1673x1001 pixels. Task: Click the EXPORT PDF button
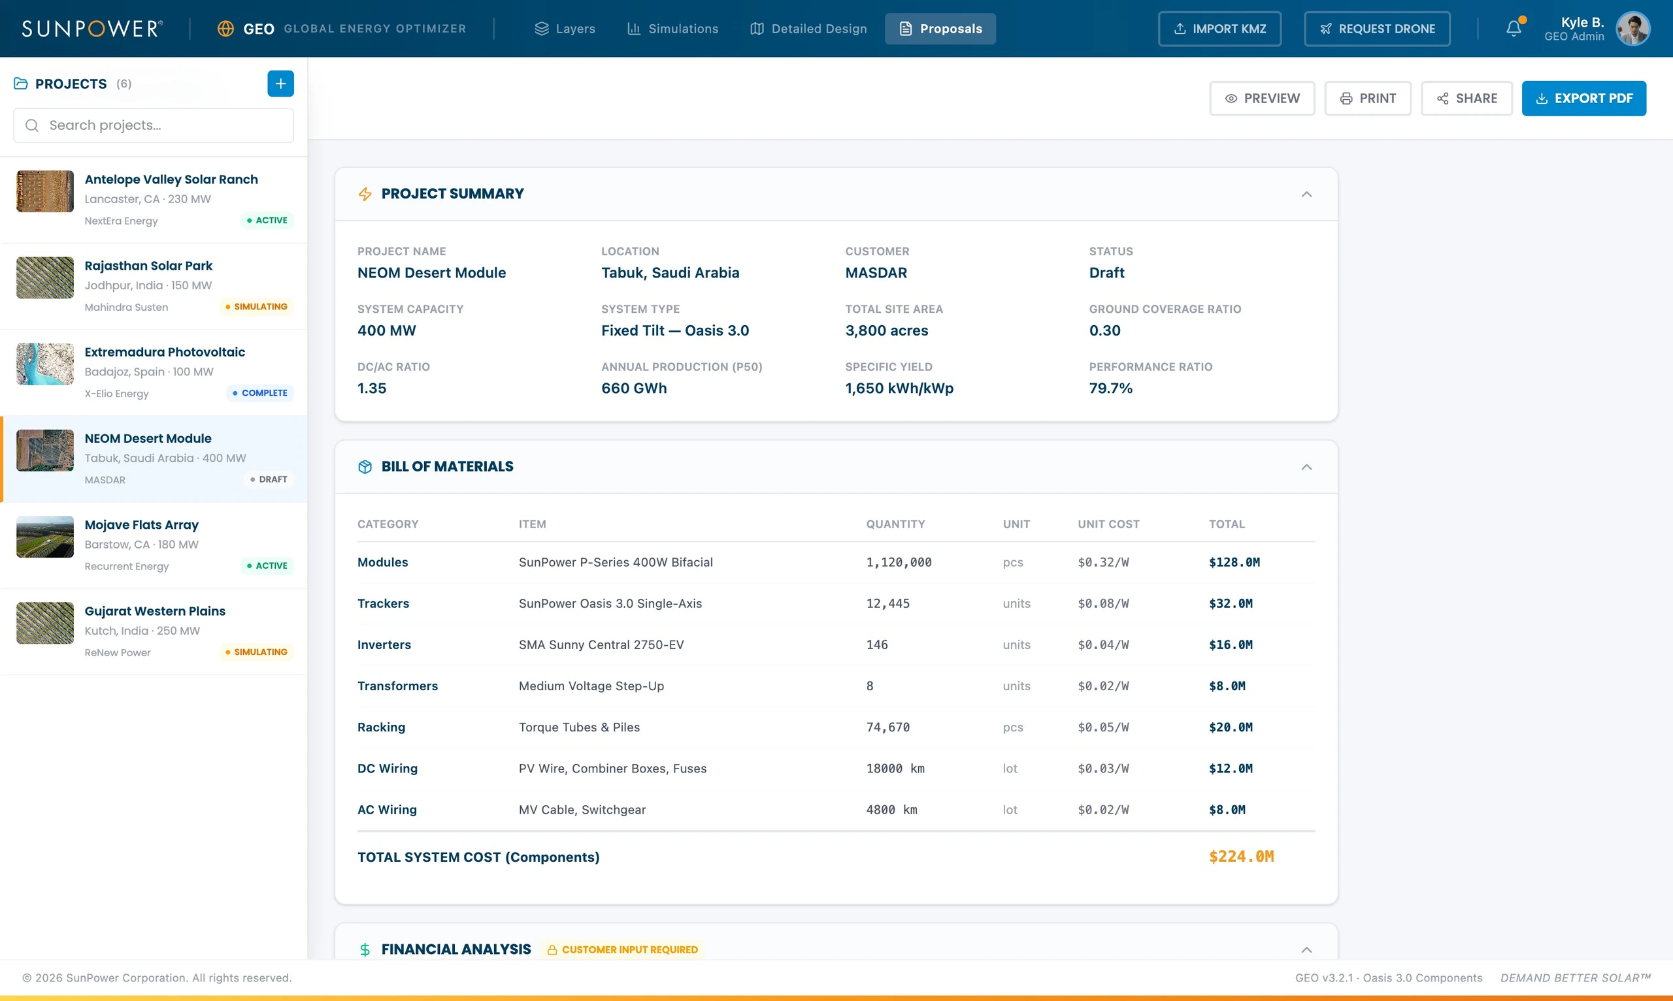point(1583,99)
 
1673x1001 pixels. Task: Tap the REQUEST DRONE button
point(1377,29)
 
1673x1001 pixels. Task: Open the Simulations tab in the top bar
point(673,29)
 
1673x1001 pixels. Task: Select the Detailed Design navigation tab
point(808,29)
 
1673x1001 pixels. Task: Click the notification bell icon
point(1514,28)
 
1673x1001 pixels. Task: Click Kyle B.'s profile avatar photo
point(1632,28)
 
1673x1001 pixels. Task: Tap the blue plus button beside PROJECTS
point(281,84)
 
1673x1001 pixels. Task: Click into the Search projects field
point(154,125)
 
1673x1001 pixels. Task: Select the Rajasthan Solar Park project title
point(148,266)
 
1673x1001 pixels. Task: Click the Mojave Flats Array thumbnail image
point(45,537)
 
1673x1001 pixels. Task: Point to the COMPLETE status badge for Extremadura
point(260,393)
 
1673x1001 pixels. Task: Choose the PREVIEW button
point(1262,99)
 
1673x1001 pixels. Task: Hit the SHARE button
point(1466,99)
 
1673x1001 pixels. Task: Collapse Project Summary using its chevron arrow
point(1306,195)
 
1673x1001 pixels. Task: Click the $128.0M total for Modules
point(1234,563)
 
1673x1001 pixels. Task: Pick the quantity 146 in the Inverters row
point(876,645)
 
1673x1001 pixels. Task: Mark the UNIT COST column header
point(1108,524)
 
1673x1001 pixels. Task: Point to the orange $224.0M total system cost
point(1241,857)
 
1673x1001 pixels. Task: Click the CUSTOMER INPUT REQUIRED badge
point(622,949)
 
